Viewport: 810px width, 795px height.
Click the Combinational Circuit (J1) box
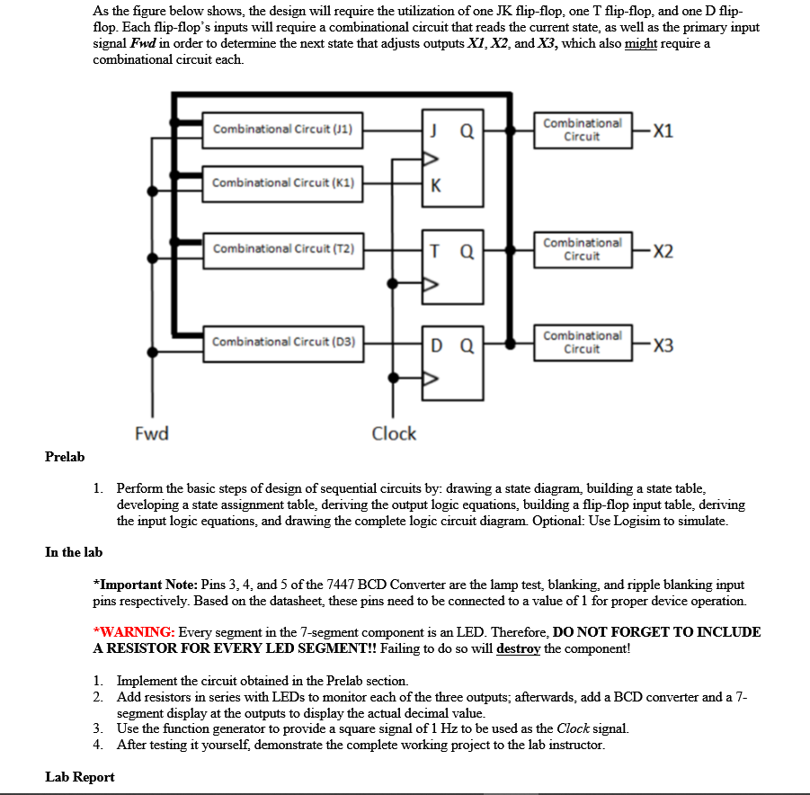pyautogui.click(x=282, y=130)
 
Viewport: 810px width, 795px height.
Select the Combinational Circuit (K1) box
pyautogui.click(x=282, y=183)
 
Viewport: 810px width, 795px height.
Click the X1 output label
pyautogui.click(x=663, y=130)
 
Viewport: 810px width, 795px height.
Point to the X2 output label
pyautogui.click(x=663, y=251)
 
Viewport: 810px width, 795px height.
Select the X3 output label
pyautogui.click(x=663, y=345)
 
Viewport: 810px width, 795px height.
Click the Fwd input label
pyautogui.click(x=151, y=433)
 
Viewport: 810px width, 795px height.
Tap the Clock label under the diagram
pyautogui.click(x=394, y=433)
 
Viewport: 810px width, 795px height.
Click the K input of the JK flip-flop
pyautogui.click(x=436, y=186)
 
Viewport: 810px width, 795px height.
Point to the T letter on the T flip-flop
pyautogui.click(x=435, y=250)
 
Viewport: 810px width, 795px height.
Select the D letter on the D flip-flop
pyautogui.click(x=436, y=344)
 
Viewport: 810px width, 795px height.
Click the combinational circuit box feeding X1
pyautogui.click(x=582, y=130)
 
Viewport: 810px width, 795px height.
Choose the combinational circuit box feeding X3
pyautogui.click(x=582, y=342)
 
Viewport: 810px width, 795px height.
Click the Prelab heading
pyautogui.click(x=65, y=457)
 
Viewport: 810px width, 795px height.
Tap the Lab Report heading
pyautogui.click(x=80, y=777)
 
